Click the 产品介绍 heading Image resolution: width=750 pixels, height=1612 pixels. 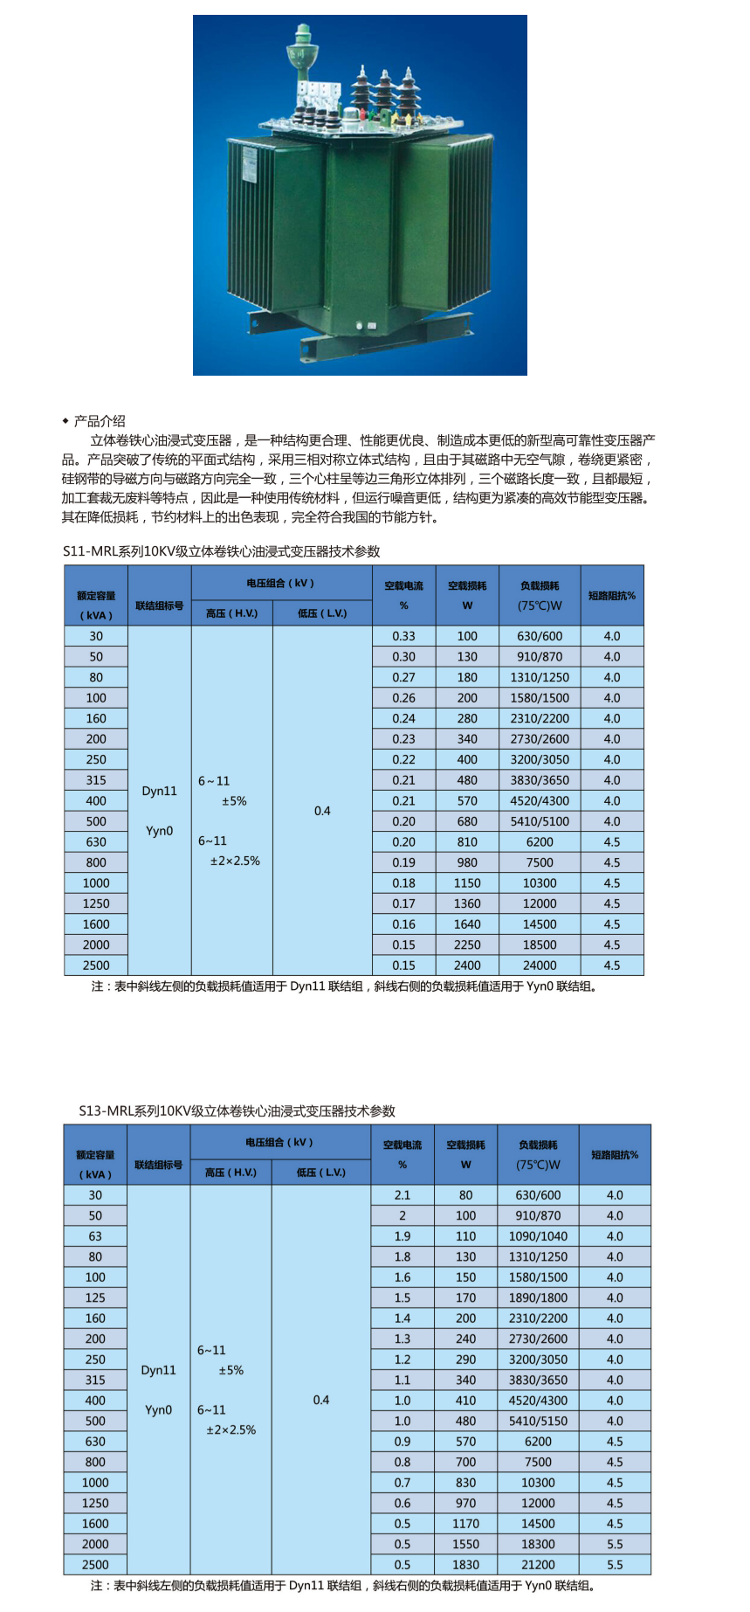pos(99,421)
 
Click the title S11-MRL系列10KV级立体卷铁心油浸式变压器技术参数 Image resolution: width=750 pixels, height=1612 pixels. pos(222,551)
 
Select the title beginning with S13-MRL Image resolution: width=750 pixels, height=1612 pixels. pos(237,1110)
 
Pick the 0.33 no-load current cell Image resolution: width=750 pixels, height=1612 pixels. pos(403,636)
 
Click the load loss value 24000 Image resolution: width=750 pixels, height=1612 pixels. pos(540,965)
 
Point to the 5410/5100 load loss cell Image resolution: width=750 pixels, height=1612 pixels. pos(540,821)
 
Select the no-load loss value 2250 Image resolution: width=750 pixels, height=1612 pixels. pos(467,944)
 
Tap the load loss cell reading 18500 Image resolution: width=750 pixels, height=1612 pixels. pos(540,944)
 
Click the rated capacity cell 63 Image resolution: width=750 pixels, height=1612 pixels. pos(95,1236)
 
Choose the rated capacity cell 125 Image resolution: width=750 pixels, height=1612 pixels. pos(95,1297)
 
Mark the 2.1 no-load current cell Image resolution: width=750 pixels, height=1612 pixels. pos(403,1195)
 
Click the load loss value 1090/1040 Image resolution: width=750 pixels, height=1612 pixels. pos(538,1236)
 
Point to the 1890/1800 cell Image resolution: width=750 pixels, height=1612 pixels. pos(538,1297)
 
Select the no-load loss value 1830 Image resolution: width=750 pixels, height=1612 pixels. pos(465,1565)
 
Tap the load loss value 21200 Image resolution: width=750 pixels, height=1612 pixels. pos(538,1565)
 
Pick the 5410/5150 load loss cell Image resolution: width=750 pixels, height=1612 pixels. pos(538,1422)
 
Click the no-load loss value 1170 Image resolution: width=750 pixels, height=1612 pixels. pos(465,1524)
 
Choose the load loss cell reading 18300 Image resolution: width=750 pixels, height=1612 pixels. pos(538,1544)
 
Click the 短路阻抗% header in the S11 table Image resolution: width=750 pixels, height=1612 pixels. pos(612,596)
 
